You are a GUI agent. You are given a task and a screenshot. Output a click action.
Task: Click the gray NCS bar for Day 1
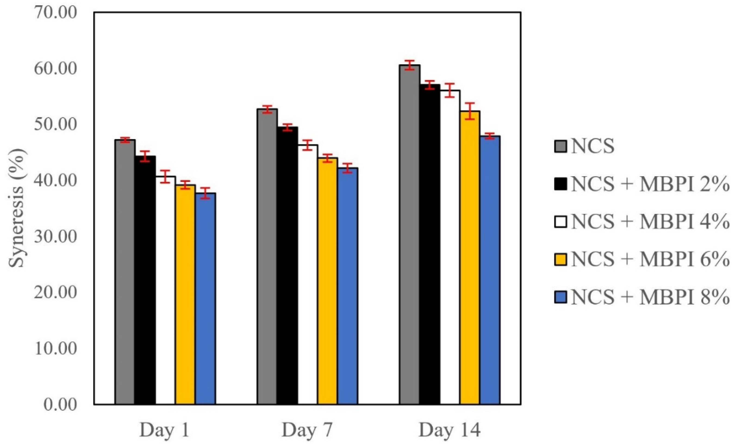(125, 272)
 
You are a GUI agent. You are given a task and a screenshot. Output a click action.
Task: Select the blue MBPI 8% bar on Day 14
(490, 270)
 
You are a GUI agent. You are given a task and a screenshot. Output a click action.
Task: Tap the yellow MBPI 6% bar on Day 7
(327, 281)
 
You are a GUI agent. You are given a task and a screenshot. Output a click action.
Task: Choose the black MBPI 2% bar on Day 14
(430, 245)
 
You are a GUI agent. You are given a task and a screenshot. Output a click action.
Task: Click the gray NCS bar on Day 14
(410, 235)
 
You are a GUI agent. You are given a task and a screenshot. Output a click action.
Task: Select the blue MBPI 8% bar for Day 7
(347, 286)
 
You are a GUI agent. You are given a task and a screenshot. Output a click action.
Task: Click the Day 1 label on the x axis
(165, 430)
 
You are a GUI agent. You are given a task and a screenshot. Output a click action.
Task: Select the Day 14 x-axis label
(449, 430)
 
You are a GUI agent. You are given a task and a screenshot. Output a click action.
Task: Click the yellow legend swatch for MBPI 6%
(561, 259)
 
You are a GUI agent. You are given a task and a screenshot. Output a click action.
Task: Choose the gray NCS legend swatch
(561, 146)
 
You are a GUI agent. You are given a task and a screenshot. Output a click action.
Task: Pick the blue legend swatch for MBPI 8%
(561, 296)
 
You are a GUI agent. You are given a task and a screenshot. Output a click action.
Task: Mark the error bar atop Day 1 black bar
(145, 156)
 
